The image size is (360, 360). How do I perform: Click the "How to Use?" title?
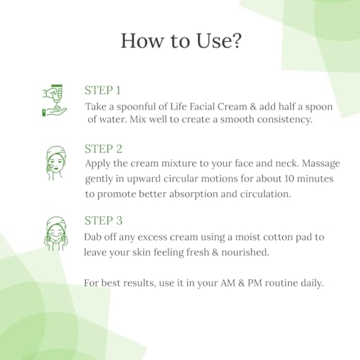pos(181,40)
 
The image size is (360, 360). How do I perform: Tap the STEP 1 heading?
pos(102,91)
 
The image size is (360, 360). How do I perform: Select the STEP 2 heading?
pos(104,149)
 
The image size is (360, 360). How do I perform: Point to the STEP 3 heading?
pos(104,220)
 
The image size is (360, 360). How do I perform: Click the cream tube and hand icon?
pos(55,100)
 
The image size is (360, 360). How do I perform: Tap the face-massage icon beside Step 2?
pos(56,163)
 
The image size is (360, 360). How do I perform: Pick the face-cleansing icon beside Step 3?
pos(56,234)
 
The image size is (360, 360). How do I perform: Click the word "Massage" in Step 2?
pos(321,164)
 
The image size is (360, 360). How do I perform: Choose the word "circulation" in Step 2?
pos(266,194)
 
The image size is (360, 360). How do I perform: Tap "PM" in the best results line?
pos(255,283)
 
